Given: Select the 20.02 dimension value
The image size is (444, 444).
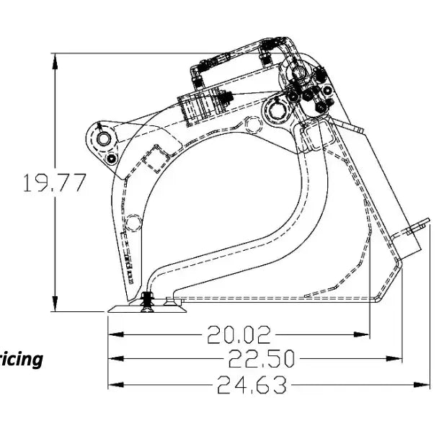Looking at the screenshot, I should (239, 334).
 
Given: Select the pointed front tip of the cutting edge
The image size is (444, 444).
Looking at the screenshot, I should (110, 311).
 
